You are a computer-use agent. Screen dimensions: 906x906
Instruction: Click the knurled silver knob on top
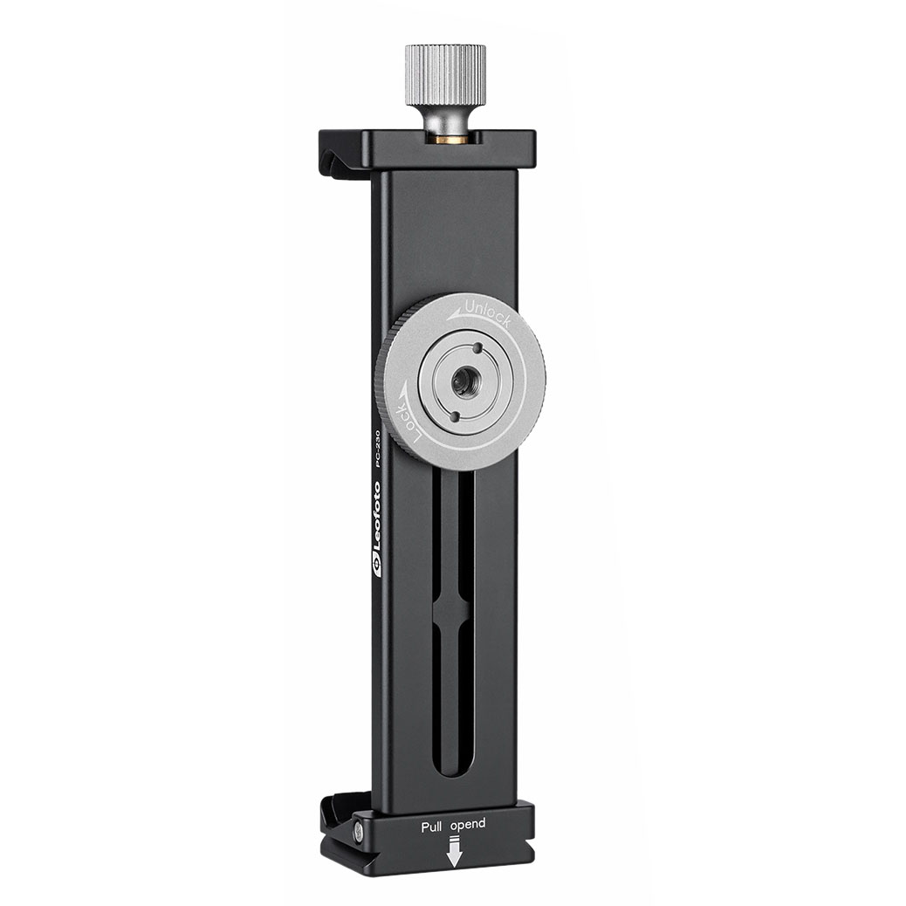444,73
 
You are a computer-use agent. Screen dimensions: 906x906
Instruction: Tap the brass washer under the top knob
450,138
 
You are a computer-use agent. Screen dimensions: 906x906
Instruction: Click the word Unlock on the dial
489,313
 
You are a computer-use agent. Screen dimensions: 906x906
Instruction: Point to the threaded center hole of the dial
463,381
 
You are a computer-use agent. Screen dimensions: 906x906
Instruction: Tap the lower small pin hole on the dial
453,416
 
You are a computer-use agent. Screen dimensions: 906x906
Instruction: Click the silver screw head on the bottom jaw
359,832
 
